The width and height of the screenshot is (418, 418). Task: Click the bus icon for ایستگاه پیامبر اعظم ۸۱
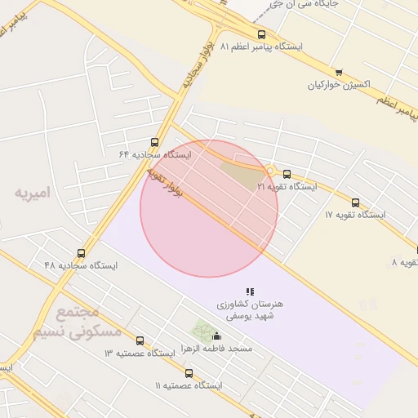(261, 34)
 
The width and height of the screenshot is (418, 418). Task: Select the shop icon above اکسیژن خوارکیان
(339, 72)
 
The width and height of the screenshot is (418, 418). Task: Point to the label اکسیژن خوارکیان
(339, 85)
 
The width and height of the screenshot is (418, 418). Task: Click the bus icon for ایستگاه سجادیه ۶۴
(155, 142)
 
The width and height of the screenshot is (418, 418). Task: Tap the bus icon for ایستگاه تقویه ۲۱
(287, 174)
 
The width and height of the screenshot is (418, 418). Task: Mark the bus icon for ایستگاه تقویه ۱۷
(355, 202)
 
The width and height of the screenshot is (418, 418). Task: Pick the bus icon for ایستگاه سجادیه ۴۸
(81, 253)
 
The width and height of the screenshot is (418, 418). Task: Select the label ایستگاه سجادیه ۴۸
(81, 266)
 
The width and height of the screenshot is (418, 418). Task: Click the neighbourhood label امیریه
(32, 193)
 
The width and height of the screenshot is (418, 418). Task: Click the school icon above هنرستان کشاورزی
(250, 291)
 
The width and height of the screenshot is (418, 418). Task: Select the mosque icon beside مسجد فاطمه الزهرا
(216, 336)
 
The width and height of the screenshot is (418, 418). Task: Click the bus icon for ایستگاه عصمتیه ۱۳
(140, 340)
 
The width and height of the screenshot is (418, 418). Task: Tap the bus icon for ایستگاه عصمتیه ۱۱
(189, 373)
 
